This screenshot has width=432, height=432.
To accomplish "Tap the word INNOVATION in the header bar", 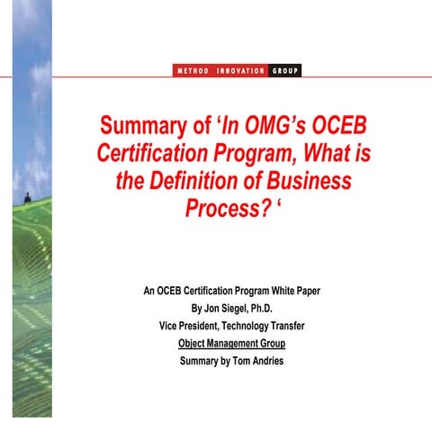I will tap(240, 70).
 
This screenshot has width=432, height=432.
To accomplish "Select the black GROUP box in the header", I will tap(284, 70).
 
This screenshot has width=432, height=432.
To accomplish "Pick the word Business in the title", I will tap(309, 181).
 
